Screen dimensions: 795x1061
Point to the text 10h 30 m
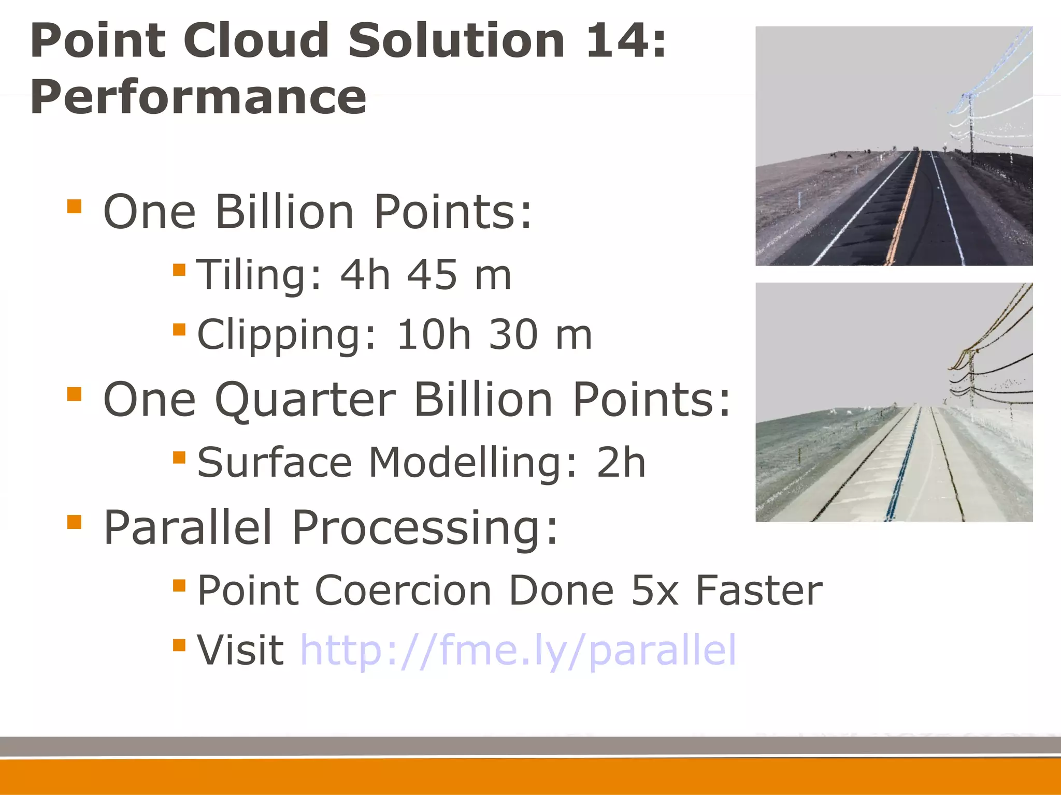pos(494,335)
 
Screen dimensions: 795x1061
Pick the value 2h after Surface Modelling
pos(621,462)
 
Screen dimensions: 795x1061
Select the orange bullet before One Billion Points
pos(75,206)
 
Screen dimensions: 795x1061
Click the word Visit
pos(240,650)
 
